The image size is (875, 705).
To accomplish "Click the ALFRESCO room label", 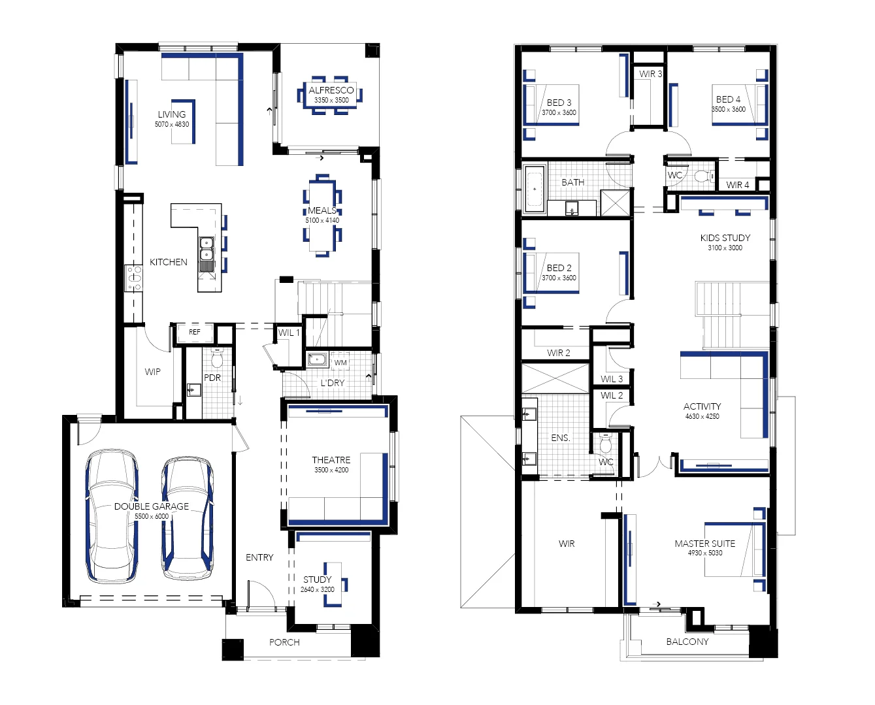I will point(331,90).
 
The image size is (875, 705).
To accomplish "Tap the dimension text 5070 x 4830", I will point(172,124).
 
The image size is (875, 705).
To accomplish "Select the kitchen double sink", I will point(206,249).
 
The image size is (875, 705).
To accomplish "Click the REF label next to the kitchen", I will point(195,332).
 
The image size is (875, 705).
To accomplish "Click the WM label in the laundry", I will point(340,363).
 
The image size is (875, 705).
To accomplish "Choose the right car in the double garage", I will point(188,518).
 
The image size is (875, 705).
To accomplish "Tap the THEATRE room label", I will point(331,460).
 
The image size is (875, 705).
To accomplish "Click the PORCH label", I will point(284,642).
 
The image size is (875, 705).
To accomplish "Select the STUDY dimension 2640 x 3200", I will point(318,589).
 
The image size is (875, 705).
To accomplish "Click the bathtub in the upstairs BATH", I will point(535,189).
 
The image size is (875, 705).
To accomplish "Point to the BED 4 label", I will point(728,99).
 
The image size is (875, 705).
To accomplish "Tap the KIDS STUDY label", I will point(725,238).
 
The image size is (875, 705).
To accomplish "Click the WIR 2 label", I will point(558,353).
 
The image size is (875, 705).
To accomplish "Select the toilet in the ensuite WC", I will point(605,445).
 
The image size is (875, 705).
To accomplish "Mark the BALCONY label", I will point(687,642).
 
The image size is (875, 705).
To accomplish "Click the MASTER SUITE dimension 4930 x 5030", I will point(704,553).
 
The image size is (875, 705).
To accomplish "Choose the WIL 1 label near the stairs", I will point(289,333).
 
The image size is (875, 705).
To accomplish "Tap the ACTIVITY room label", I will point(702,406).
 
